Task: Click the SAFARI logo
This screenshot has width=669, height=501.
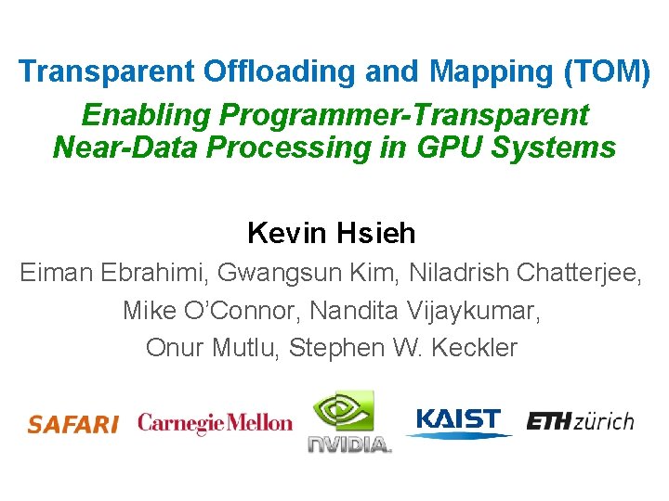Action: point(72,425)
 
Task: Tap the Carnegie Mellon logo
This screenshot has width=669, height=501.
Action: point(215,423)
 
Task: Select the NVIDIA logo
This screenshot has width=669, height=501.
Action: point(348,422)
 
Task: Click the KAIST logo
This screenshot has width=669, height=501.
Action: point(458,422)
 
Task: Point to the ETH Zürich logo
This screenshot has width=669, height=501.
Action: point(580,421)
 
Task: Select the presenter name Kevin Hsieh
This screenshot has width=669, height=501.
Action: point(332,233)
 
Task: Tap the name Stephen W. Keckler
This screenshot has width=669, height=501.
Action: point(403,347)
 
